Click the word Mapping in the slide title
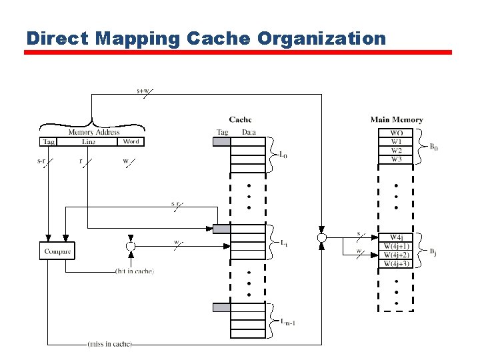coord(137,38)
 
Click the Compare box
coord(57,251)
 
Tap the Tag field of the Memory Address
coord(49,141)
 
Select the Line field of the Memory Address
coord(88,141)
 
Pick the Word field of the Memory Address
coord(131,141)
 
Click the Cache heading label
coord(240,120)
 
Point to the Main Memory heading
coord(397,120)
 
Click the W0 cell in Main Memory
coord(396,133)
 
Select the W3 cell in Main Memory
coord(396,159)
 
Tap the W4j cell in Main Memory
coord(396,237)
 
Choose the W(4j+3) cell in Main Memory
coord(396,264)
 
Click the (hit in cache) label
coord(135,271)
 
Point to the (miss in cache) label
coord(109,344)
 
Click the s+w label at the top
coord(143,91)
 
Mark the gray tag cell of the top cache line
coord(221,141)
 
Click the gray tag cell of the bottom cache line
coord(221,307)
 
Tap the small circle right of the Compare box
coord(131,246)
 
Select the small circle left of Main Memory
coord(322,237)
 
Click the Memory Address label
coord(94,133)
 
